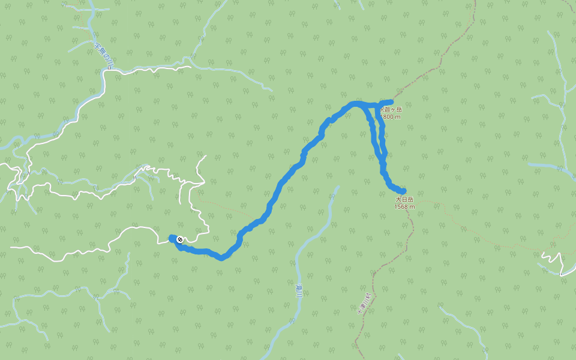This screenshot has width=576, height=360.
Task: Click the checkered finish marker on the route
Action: (179, 239)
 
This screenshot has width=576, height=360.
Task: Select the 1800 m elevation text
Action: (391, 117)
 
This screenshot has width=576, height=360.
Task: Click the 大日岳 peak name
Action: (404, 199)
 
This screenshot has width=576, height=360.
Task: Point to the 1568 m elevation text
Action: (404, 206)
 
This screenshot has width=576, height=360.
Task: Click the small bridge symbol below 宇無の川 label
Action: (111, 68)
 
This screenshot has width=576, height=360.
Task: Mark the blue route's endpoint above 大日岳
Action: (404, 191)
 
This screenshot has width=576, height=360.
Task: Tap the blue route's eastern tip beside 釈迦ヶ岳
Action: (391, 102)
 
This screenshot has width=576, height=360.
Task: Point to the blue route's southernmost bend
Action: (222, 258)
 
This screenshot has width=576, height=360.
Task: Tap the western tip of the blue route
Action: (172, 238)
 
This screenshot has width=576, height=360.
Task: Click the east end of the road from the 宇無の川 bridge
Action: (190, 66)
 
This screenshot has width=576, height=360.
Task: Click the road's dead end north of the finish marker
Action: (205, 156)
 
